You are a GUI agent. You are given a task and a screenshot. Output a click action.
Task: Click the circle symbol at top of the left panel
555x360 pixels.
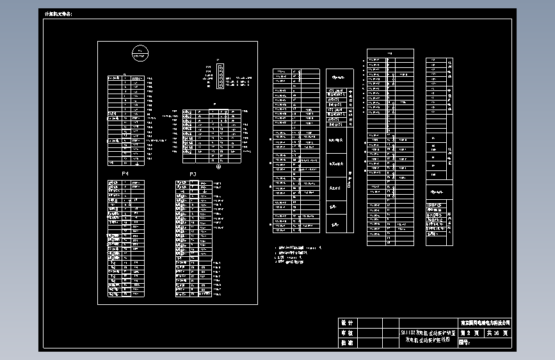(x=140, y=54)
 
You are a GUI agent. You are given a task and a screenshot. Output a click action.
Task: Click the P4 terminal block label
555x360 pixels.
(x=125, y=174)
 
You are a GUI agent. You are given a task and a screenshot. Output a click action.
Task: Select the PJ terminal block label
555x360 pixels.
(x=193, y=174)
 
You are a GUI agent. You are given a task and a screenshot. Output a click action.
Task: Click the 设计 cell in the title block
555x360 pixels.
(x=347, y=323)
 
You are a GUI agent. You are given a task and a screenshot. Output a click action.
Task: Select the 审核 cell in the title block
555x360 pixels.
(x=347, y=333)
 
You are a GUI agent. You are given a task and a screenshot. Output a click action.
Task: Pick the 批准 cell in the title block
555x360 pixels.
(x=347, y=343)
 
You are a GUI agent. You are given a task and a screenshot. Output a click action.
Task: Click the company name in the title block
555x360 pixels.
(x=485, y=323)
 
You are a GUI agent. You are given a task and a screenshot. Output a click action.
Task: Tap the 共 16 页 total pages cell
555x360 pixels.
(x=498, y=333)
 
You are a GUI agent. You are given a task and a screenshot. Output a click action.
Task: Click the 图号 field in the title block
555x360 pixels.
(x=465, y=343)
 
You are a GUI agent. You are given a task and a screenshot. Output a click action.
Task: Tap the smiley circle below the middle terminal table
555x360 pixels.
(x=219, y=167)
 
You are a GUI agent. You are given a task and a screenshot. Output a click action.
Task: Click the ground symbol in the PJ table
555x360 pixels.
(x=204, y=189)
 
